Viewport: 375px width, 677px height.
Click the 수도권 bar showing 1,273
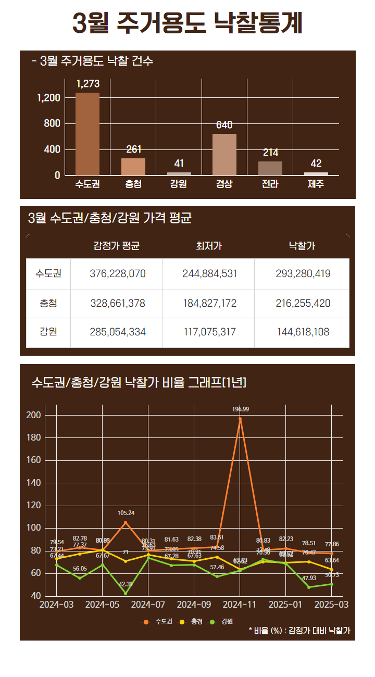point(87,134)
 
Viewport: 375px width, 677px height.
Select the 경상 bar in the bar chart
point(224,154)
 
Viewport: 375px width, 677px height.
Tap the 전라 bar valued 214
point(270,168)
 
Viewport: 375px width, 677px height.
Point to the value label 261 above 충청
point(134,150)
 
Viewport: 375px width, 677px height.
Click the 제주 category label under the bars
point(316,184)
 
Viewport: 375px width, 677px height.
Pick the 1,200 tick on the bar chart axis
point(49,98)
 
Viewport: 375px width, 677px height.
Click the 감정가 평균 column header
point(117,246)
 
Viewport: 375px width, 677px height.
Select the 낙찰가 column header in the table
point(302,246)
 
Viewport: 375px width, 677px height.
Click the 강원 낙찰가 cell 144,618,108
point(303,332)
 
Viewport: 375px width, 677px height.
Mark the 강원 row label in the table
point(48,332)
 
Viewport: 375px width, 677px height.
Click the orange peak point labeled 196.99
point(240,418)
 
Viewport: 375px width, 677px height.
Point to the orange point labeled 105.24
point(126,522)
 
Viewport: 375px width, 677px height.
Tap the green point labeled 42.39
point(126,594)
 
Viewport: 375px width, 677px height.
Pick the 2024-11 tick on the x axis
point(240,605)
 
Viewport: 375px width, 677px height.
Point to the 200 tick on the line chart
point(33,415)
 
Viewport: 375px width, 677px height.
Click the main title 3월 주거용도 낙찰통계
point(187,23)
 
